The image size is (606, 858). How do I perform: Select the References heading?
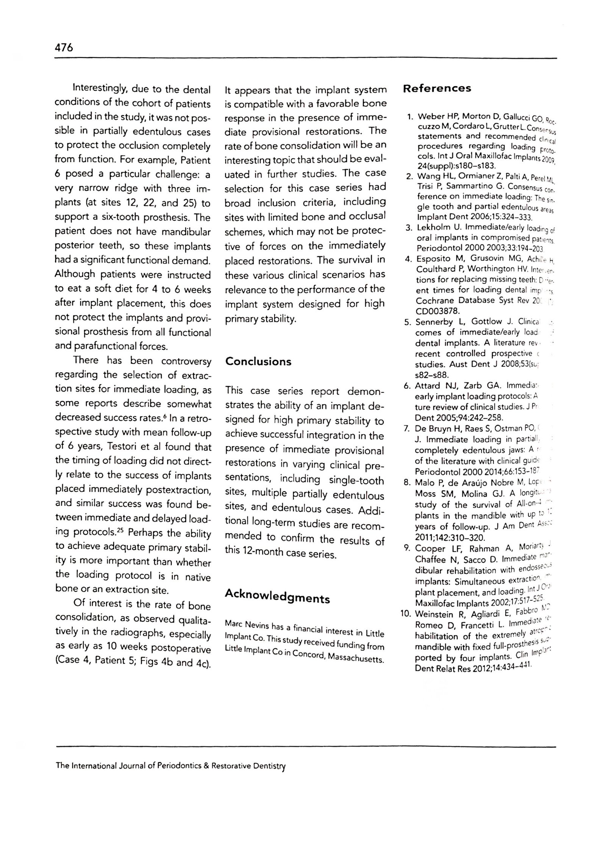pyautogui.click(x=437, y=89)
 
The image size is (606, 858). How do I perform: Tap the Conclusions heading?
pyautogui.click(x=258, y=362)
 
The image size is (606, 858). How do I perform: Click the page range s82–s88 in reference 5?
pyautogui.click(x=432, y=375)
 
